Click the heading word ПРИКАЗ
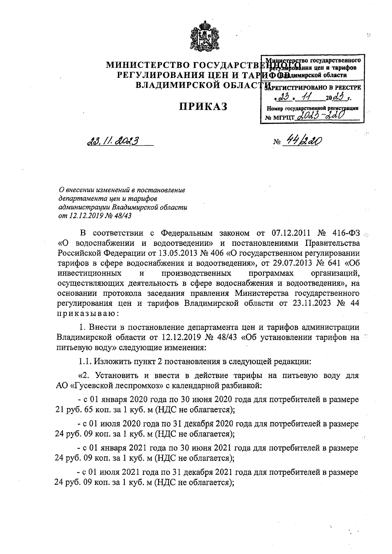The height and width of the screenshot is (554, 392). point(203,106)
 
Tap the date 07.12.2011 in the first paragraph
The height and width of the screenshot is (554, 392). point(290,233)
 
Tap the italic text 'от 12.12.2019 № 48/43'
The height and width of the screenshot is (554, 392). point(96,215)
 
